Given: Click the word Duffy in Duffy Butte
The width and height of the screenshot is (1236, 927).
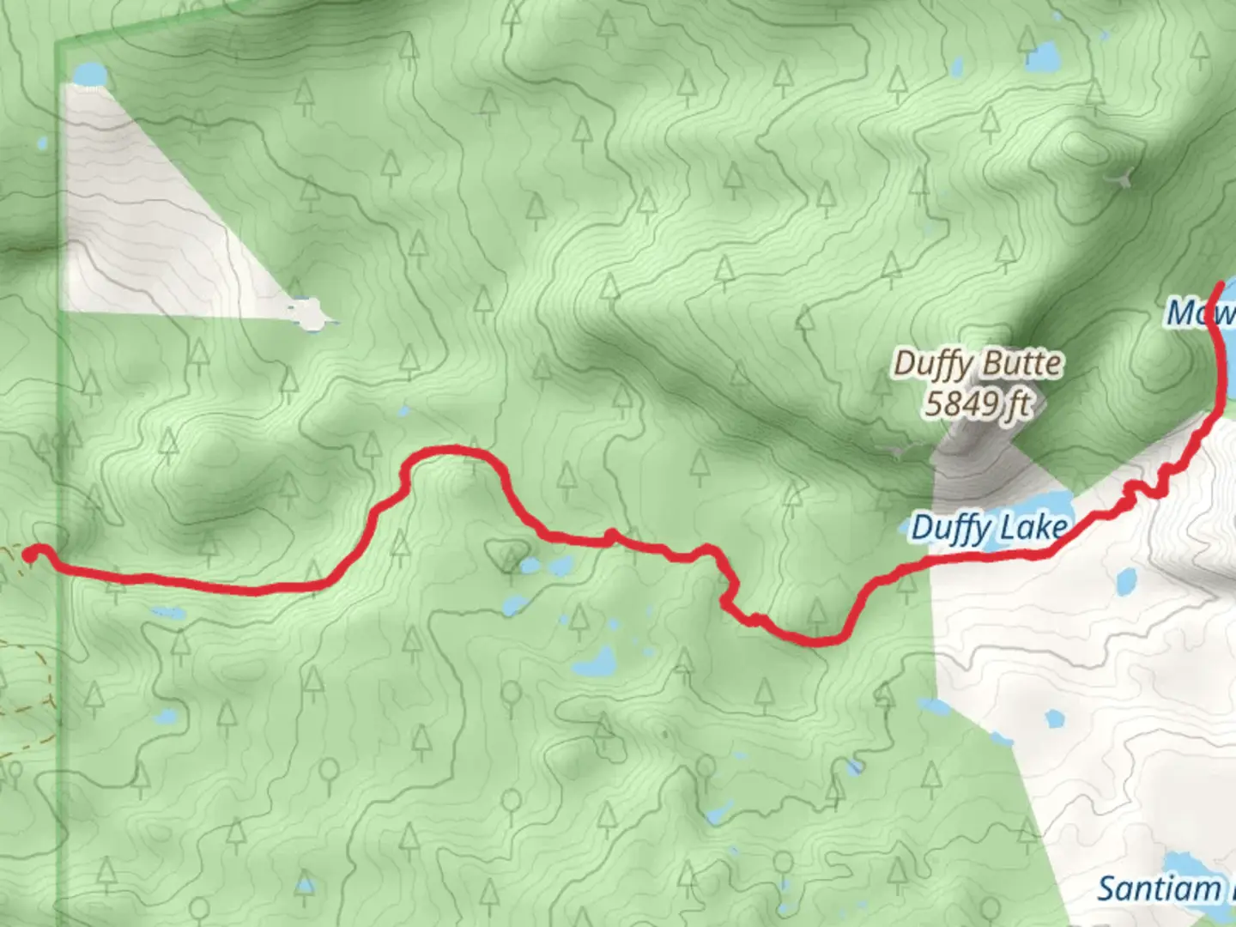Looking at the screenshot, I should click(930, 363).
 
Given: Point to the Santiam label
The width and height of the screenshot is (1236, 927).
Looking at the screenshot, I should click(1159, 888).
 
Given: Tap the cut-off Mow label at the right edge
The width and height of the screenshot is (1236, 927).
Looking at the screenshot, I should click(1200, 312).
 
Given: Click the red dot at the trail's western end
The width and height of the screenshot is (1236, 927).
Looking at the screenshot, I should click(29, 556).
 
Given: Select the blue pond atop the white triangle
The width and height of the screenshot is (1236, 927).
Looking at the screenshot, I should click(88, 76).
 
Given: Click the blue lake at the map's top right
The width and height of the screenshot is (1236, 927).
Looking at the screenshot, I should click(1042, 58).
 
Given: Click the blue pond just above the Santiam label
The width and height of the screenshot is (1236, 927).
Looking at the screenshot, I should click(1185, 863).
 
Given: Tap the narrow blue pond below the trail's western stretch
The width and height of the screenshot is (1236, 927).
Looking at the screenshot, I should click(167, 613).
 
